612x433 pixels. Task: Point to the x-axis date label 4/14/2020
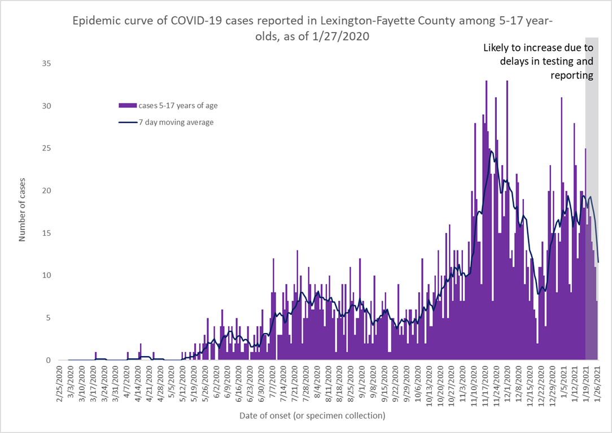click(x=138, y=384)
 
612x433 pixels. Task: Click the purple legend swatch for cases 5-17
click(x=127, y=105)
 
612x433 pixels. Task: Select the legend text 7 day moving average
click(x=176, y=122)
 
